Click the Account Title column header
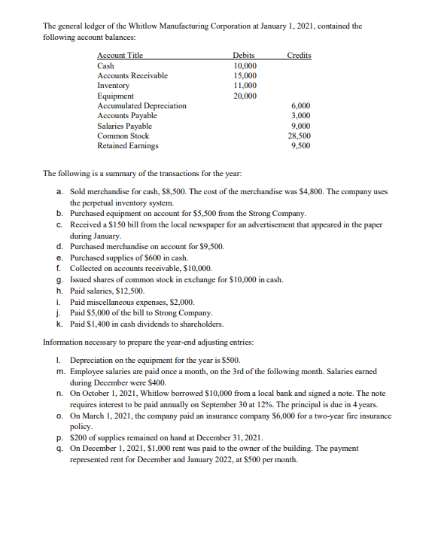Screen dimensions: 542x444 (120, 56)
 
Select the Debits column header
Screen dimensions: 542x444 (244, 56)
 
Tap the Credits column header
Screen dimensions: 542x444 (299, 56)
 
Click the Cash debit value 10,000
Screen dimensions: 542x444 (245, 66)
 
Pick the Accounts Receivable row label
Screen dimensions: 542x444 (132, 76)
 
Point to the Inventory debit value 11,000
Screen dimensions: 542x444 (245, 86)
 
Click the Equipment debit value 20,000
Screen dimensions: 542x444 (245, 96)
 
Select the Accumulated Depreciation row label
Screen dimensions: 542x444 (142, 106)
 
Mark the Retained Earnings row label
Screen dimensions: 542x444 (128, 146)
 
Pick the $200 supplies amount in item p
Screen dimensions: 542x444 (79, 446)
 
